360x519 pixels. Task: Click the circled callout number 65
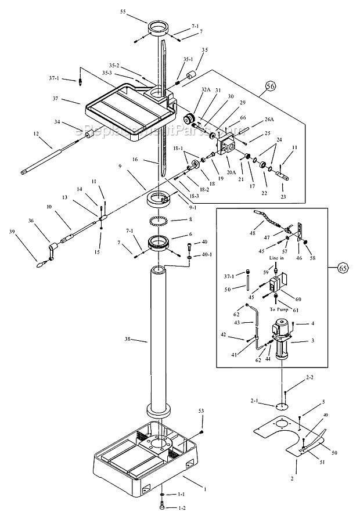point(343,268)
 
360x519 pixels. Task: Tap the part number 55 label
point(139,11)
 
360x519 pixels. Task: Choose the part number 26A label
point(269,120)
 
